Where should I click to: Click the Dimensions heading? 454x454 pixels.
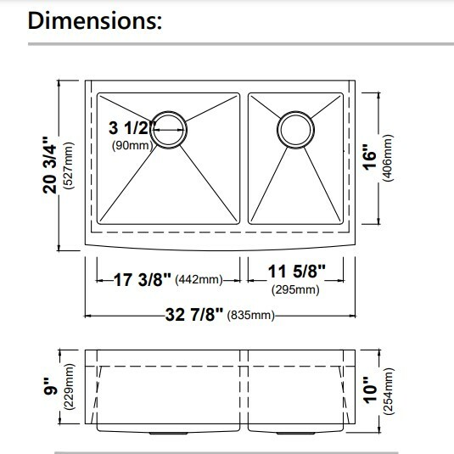coord(95,20)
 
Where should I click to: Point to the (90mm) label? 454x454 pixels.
coord(131,146)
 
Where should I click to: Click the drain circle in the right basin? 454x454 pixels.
coord(296,129)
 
